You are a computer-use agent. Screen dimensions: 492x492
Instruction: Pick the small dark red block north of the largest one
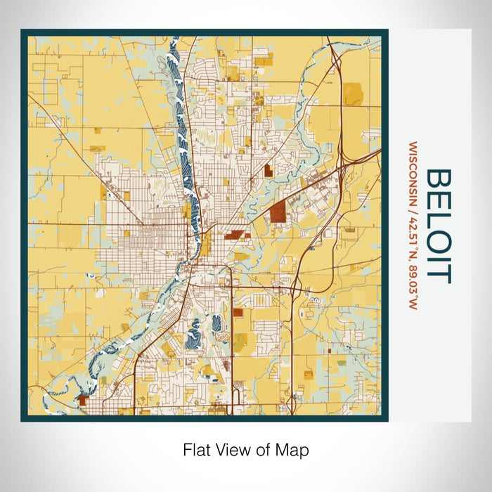pos(268,169)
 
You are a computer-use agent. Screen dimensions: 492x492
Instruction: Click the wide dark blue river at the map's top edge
pos(174,53)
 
